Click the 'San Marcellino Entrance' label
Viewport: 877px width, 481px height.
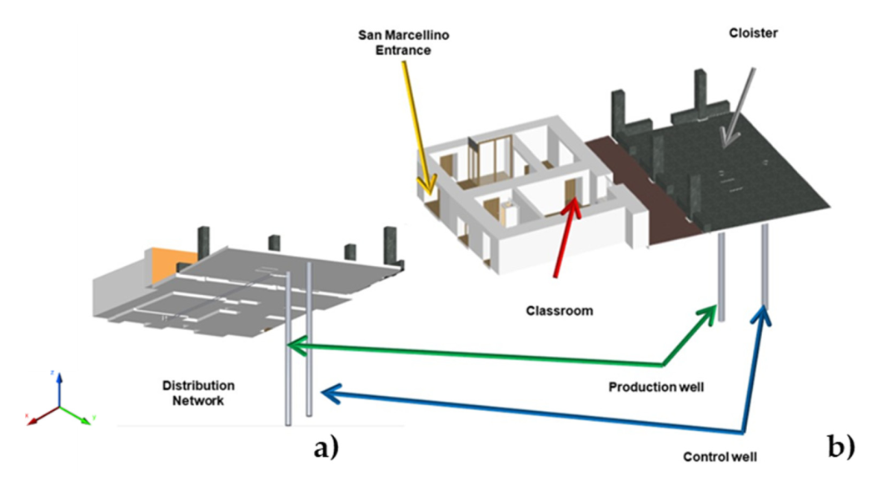pyautogui.click(x=396, y=43)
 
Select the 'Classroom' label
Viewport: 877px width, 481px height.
pyautogui.click(x=559, y=311)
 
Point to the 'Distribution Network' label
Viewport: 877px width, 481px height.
pyautogui.click(x=198, y=393)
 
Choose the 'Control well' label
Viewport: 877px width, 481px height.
pyautogui.click(x=720, y=457)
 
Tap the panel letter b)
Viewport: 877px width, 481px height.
pyautogui.click(x=841, y=448)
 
